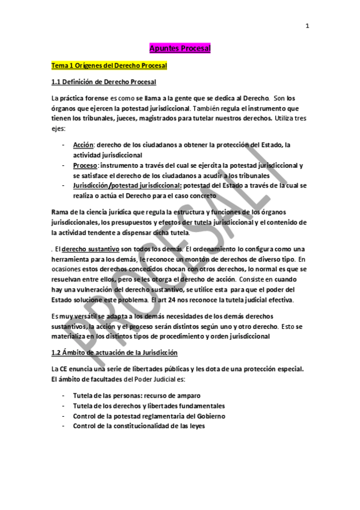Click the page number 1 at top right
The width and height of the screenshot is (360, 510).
307,25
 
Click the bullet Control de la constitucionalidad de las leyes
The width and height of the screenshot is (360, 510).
139,426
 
